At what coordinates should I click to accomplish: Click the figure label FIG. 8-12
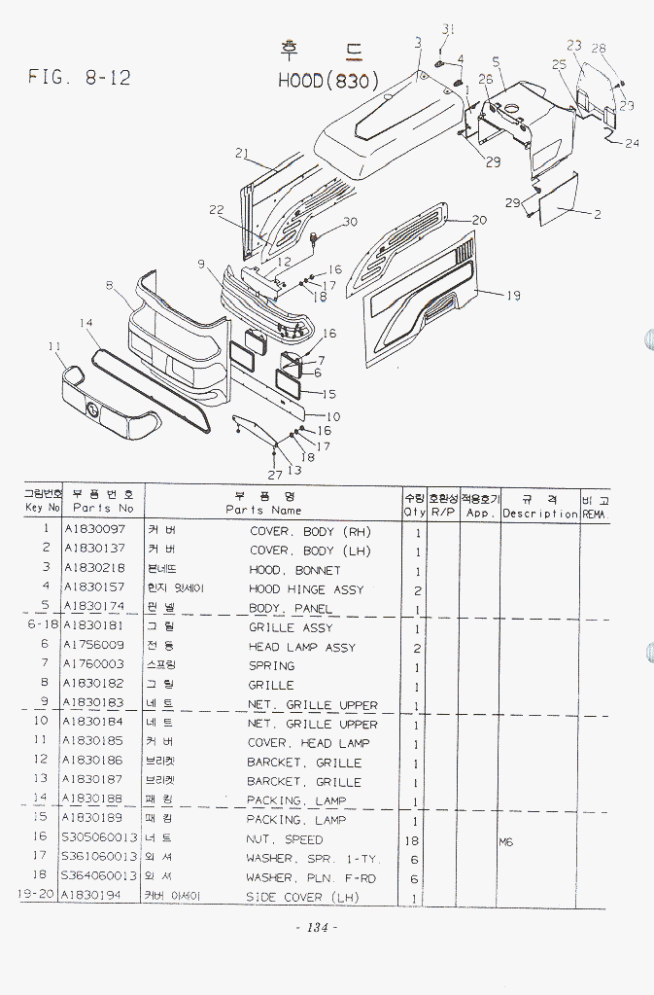click(80, 78)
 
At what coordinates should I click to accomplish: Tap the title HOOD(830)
click(327, 80)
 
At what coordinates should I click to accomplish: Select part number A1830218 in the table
click(94, 570)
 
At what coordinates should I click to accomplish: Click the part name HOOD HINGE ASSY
click(306, 589)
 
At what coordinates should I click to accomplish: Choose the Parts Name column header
click(263, 510)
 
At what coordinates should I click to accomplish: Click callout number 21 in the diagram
click(242, 152)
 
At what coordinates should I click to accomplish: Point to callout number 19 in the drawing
click(513, 296)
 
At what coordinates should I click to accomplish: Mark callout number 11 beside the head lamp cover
click(54, 345)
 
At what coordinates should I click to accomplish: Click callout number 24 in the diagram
click(632, 143)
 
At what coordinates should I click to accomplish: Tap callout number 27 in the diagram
click(275, 475)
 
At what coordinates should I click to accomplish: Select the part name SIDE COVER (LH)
click(303, 898)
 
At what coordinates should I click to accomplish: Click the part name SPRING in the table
click(271, 666)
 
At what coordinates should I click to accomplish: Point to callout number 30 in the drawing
click(349, 222)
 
